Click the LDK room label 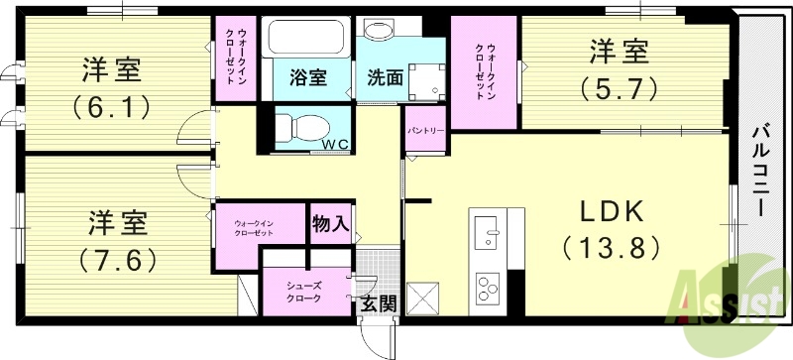(608, 211)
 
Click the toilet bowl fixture (301, 127)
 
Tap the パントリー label (425, 130)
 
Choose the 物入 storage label (329, 223)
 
